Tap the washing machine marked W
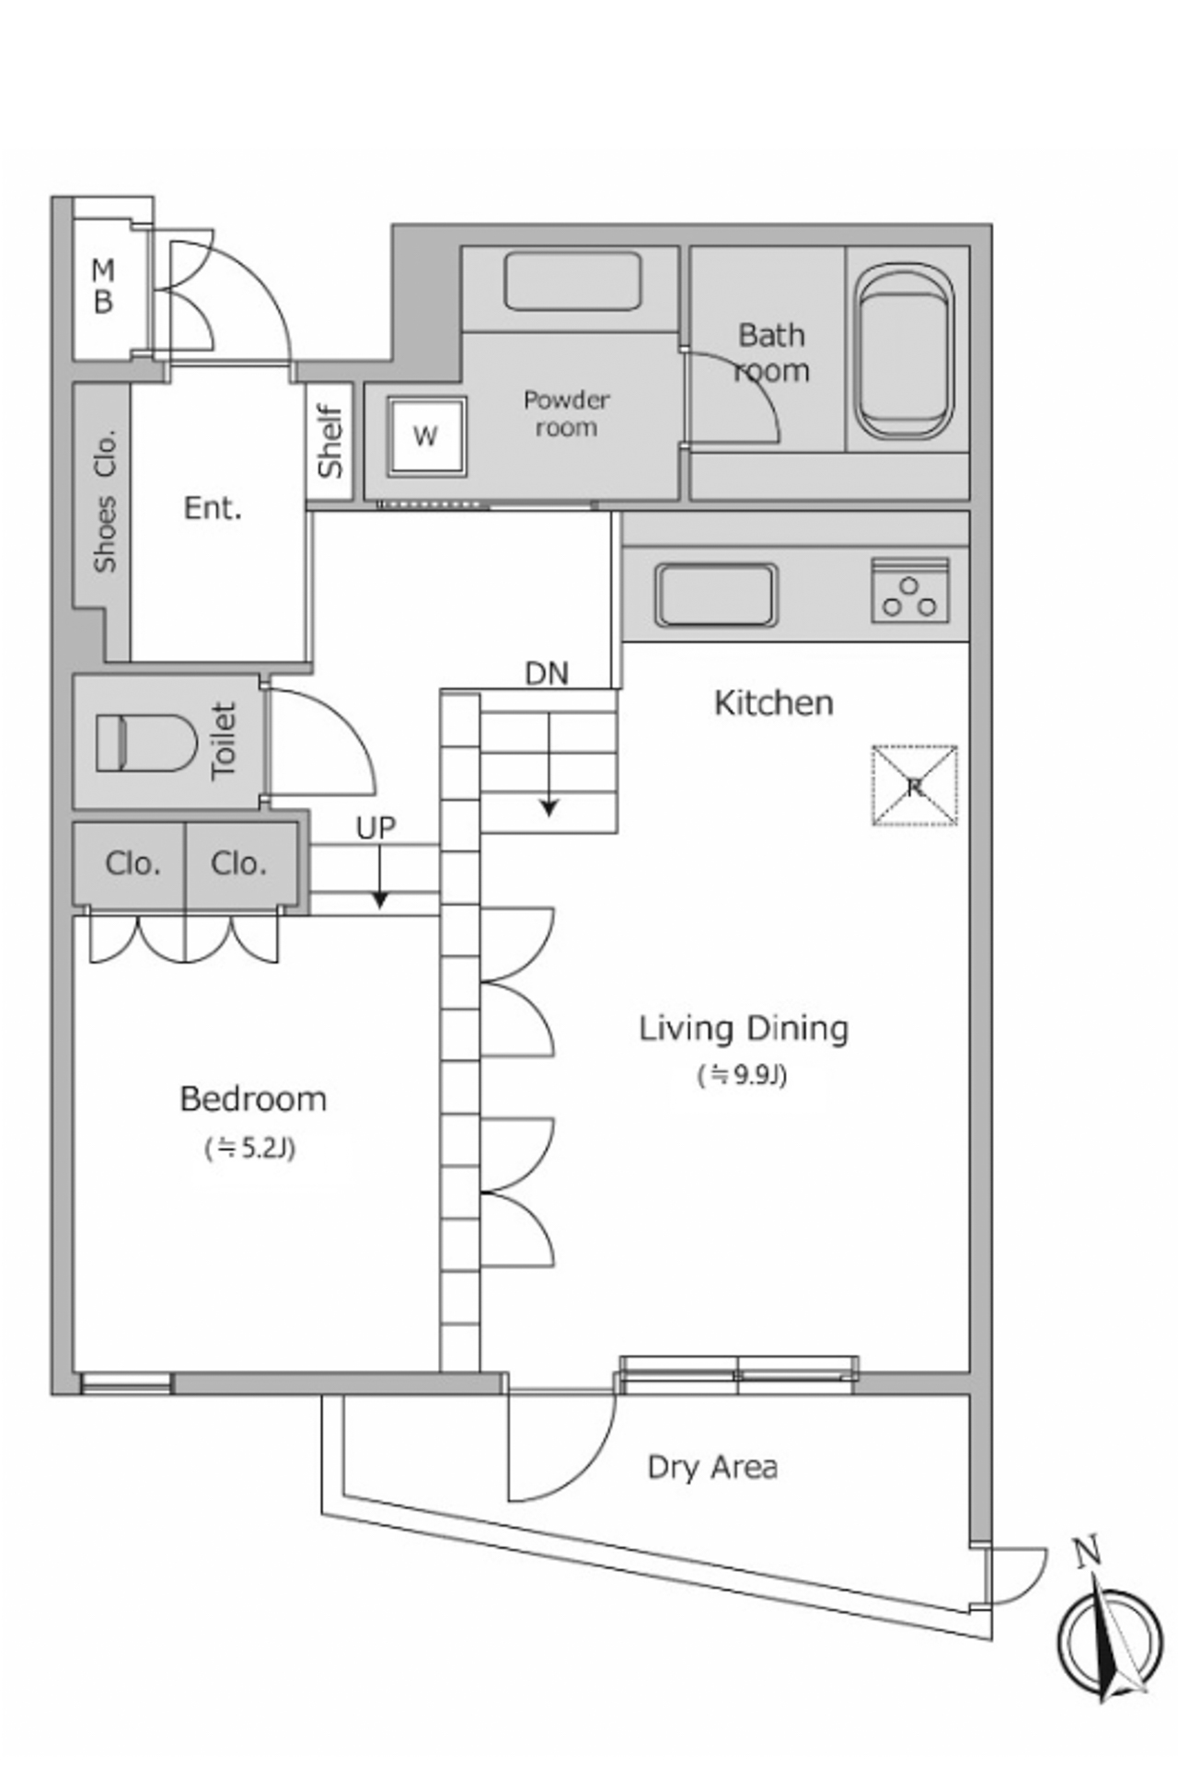[x=425, y=435]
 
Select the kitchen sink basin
[x=715, y=595]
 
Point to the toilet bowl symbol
[x=145, y=743]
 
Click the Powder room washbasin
[x=572, y=281]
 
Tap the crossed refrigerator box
[x=915, y=785]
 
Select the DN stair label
[x=547, y=674]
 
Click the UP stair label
[x=375, y=828]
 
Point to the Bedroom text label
[x=253, y=1099]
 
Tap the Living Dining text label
[x=744, y=1029]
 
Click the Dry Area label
[x=712, y=1467]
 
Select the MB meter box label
[x=103, y=286]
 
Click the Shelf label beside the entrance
[x=329, y=442]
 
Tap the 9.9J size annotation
[x=743, y=1075]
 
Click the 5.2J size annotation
[x=250, y=1149]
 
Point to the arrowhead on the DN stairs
[x=549, y=809]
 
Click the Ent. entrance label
[x=213, y=508]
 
